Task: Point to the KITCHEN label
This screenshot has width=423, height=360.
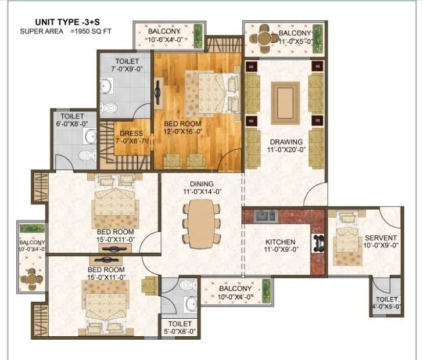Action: click(x=281, y=242)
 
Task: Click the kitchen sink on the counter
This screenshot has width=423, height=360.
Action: click(x=262, y=217)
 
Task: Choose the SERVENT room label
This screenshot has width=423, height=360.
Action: click(x=381, y=237)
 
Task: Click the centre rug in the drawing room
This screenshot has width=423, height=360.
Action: click(x=285, y=101)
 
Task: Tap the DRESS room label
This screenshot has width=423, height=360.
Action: click(x=131, y=133)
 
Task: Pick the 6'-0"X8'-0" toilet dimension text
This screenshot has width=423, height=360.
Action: click(x=73, y=124)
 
